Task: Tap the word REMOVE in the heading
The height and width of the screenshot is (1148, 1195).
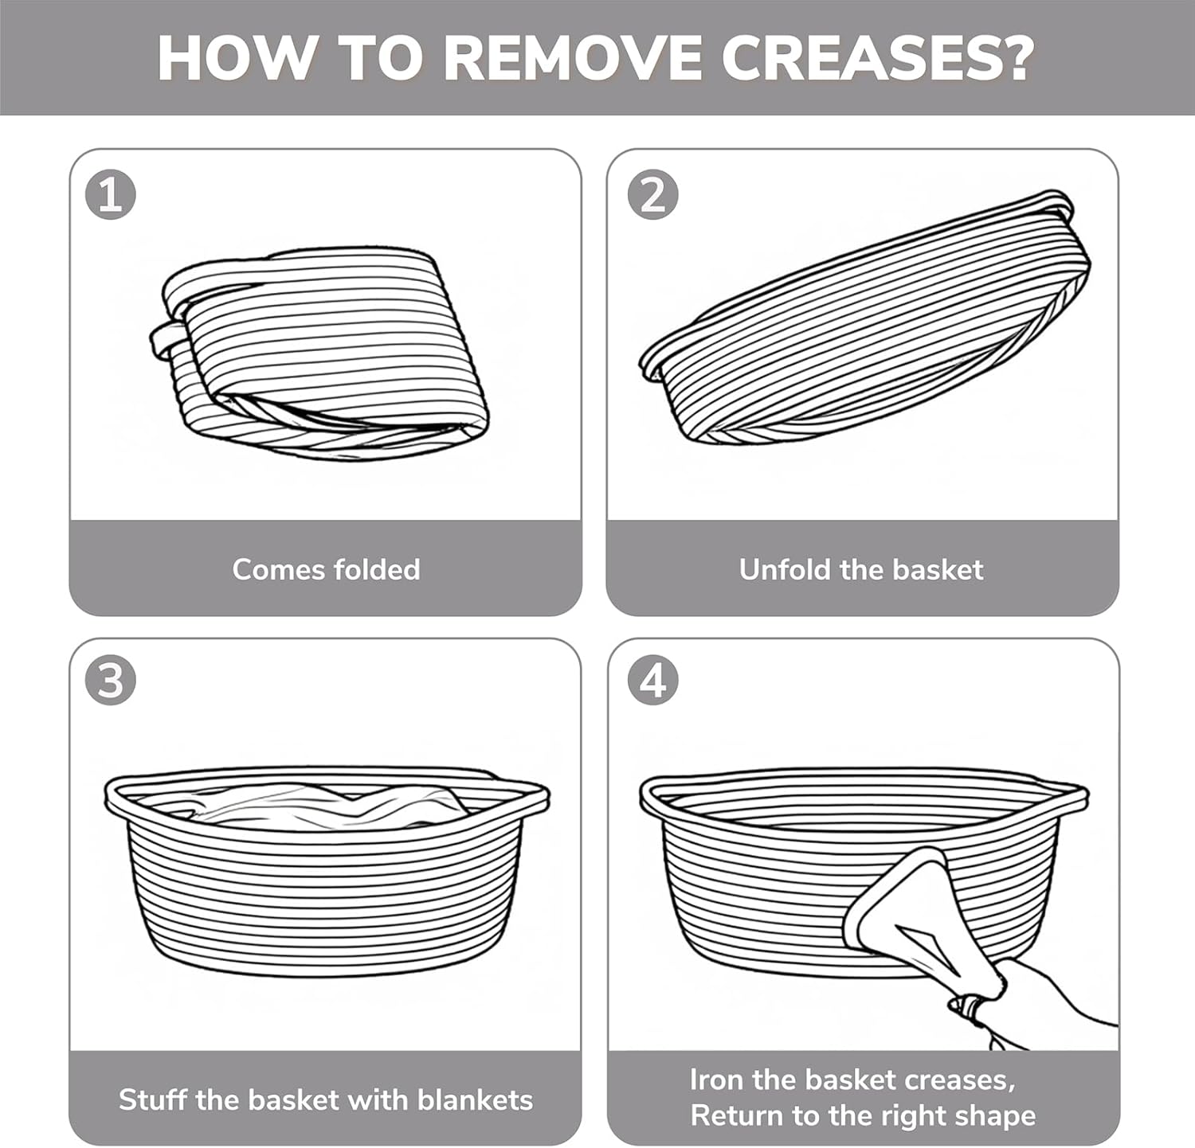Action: [572, 57]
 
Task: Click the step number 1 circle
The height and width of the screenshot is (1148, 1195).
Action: [111, 195]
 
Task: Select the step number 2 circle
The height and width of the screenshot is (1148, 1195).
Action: [652, 195]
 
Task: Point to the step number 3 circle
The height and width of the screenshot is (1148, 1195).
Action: [111, 681]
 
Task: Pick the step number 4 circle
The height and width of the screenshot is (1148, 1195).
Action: [652, 681]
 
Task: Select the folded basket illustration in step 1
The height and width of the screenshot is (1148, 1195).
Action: [319, 353]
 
